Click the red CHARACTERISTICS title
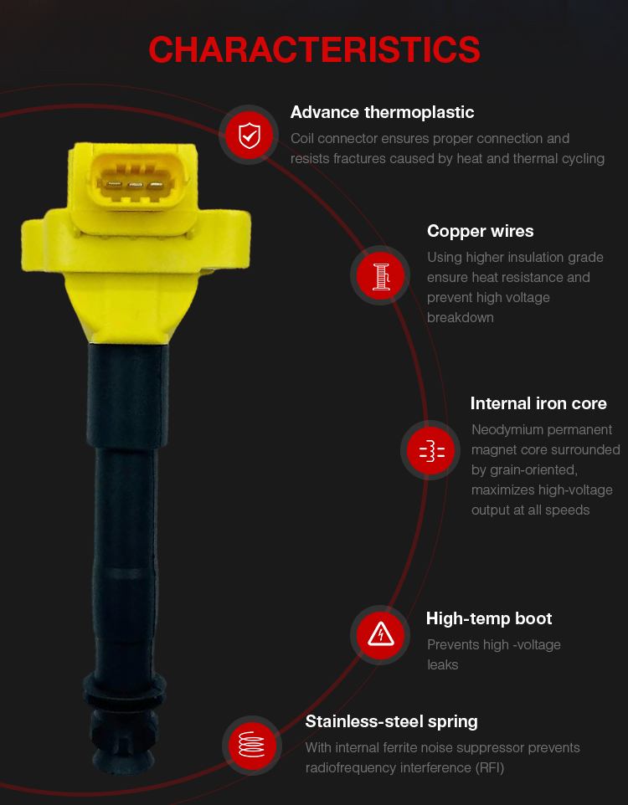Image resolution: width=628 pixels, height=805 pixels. (314, 50)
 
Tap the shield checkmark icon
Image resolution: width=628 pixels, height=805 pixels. (250, 136)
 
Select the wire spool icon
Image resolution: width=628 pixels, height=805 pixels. (381, 276)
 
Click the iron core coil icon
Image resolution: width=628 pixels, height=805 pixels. (432, 451)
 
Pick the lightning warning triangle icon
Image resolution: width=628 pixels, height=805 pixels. (381, 634)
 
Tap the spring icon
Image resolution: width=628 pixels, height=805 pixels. (252, 745)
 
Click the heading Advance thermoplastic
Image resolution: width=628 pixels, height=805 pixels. (382, 112)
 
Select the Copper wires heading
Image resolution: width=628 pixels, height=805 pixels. (480, 231)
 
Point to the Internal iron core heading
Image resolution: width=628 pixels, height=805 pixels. (538, 403)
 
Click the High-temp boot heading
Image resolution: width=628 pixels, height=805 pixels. (489, 618)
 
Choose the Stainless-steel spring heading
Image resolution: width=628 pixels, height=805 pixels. (391, 722)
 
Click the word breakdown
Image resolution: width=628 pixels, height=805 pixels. (460, 318)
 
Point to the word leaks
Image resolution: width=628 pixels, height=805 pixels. (442, 665)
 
